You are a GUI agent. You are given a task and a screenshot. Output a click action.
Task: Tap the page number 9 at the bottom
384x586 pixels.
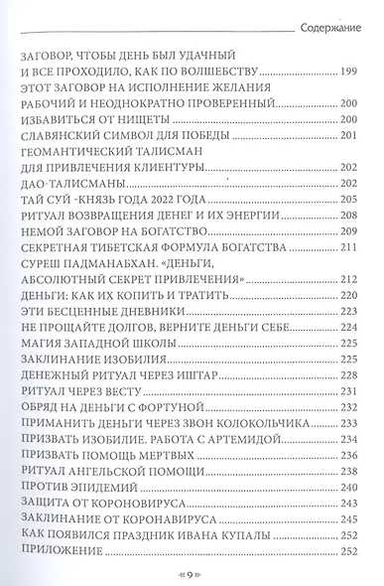point(192,574)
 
